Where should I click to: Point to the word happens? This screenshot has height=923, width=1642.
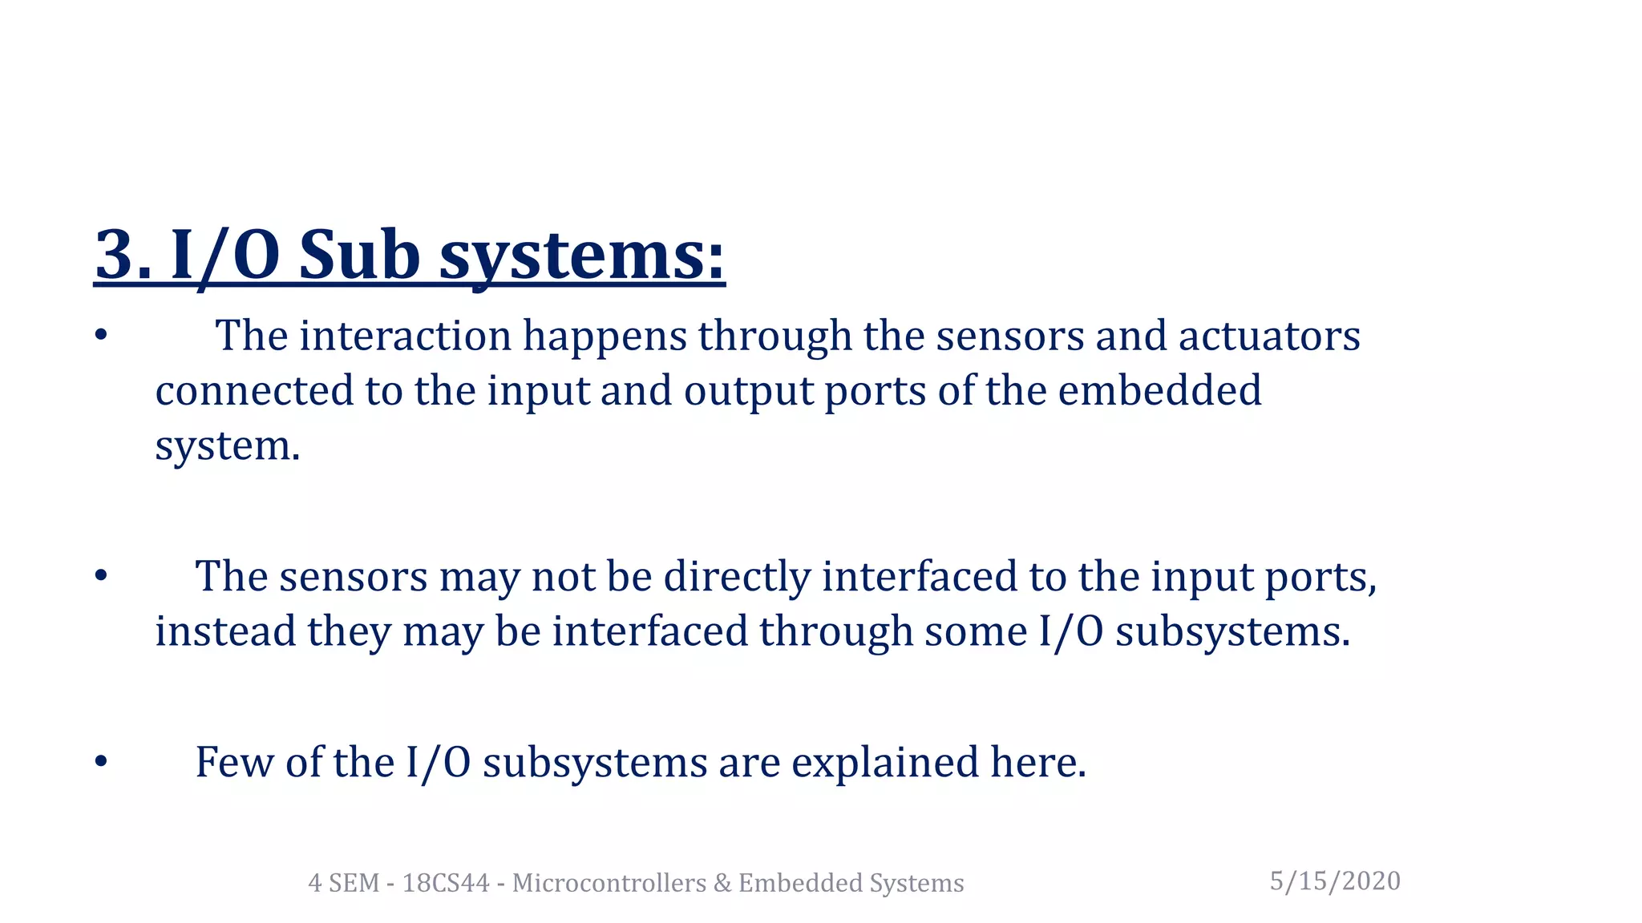(x=605, y=337)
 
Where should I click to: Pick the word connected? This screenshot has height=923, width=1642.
(x=254, y=391)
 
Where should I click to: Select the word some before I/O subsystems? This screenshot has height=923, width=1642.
(x=976, y=631)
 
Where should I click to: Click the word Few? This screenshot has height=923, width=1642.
(x=234, y=762)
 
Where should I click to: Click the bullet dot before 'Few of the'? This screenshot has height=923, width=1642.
(x=100, y=762)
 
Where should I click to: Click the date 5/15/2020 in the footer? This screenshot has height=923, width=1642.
(x=1335, y=881)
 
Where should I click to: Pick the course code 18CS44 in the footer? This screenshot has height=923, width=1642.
(x=446, y=883)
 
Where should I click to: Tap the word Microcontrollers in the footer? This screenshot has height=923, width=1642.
(x=609, y=883)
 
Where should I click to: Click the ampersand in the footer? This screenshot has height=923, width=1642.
(x=722, y=883)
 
